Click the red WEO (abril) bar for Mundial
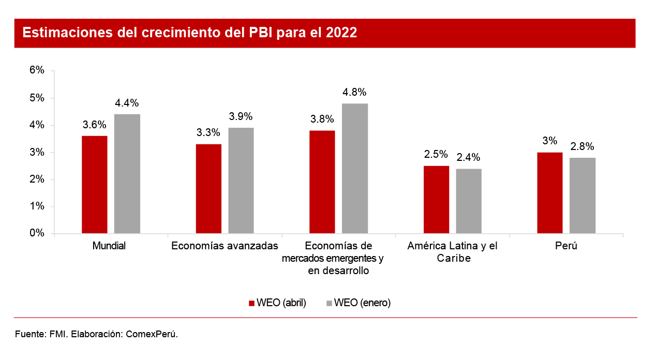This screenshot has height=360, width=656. (x=95, y=184)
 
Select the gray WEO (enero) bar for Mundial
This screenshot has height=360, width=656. (x=127, y=173)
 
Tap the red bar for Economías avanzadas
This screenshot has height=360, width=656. (x=208, y=188)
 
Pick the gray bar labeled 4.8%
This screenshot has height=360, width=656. (x=355, y=168)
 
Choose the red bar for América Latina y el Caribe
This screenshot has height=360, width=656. (x=436, y=199)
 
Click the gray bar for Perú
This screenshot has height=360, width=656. (x=583, y=195)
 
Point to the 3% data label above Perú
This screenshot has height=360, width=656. (x=550, y=141)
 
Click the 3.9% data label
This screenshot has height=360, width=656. (x=241, y=116)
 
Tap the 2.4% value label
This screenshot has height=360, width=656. (x=469, y=157)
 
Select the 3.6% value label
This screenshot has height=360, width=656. (x=95, y=125)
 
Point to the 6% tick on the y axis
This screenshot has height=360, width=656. (x=37, y=71)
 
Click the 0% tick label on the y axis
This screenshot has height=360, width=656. (x=37, y=233)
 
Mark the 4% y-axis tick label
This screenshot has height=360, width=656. (x=37, y=125)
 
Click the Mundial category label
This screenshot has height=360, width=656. (x=109, y=246)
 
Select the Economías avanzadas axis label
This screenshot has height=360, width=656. (x=225, y=246)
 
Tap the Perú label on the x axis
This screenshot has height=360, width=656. (x=566, y=246)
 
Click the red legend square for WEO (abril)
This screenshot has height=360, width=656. (x=252, y=303)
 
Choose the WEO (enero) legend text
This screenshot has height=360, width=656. (x=362, y=303)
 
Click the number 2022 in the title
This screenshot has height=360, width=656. (x=341, y=33)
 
